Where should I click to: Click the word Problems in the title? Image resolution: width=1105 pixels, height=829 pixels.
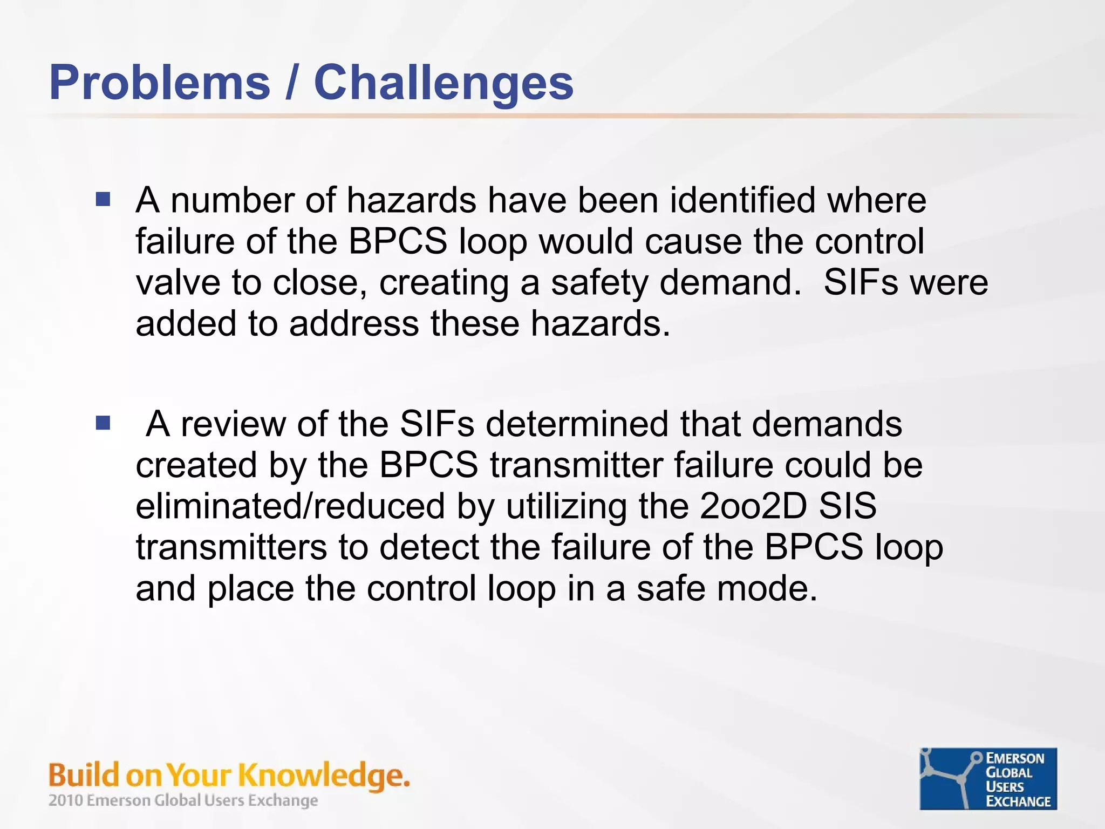coord(160,83)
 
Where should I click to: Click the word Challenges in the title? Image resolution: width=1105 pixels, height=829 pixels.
coord(444,83)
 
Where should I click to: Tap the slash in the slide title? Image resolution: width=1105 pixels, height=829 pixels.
coord(292,83)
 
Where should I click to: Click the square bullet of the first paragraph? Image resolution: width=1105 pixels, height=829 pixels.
coord(103,200)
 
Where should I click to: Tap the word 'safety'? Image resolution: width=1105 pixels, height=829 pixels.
coord(599,283)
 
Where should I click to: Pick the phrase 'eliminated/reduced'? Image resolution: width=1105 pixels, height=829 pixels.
coord(290,506)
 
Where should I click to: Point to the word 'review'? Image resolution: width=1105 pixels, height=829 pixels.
coord(233,424)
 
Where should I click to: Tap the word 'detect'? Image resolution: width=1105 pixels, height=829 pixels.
coord(429,547)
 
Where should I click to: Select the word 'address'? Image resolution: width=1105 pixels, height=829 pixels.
coord(353,323)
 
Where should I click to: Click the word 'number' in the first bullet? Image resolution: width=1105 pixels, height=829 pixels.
coord(232,200)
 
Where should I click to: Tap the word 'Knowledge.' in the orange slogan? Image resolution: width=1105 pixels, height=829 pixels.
coord(324,776)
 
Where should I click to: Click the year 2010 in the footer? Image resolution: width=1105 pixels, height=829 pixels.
coord(65,800)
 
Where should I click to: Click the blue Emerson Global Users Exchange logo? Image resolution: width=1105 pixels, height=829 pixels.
coord(988,779)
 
